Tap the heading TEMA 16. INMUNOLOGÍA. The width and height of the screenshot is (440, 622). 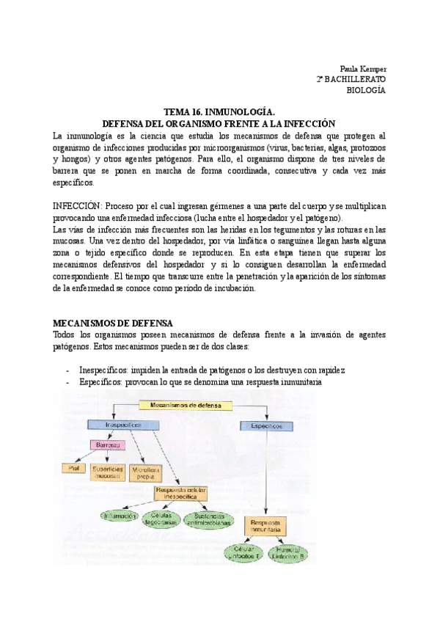click(x=219, y=112)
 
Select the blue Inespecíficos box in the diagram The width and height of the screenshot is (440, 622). click(x=124, y=425)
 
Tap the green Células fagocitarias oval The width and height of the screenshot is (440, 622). click(x=161, y=519)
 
